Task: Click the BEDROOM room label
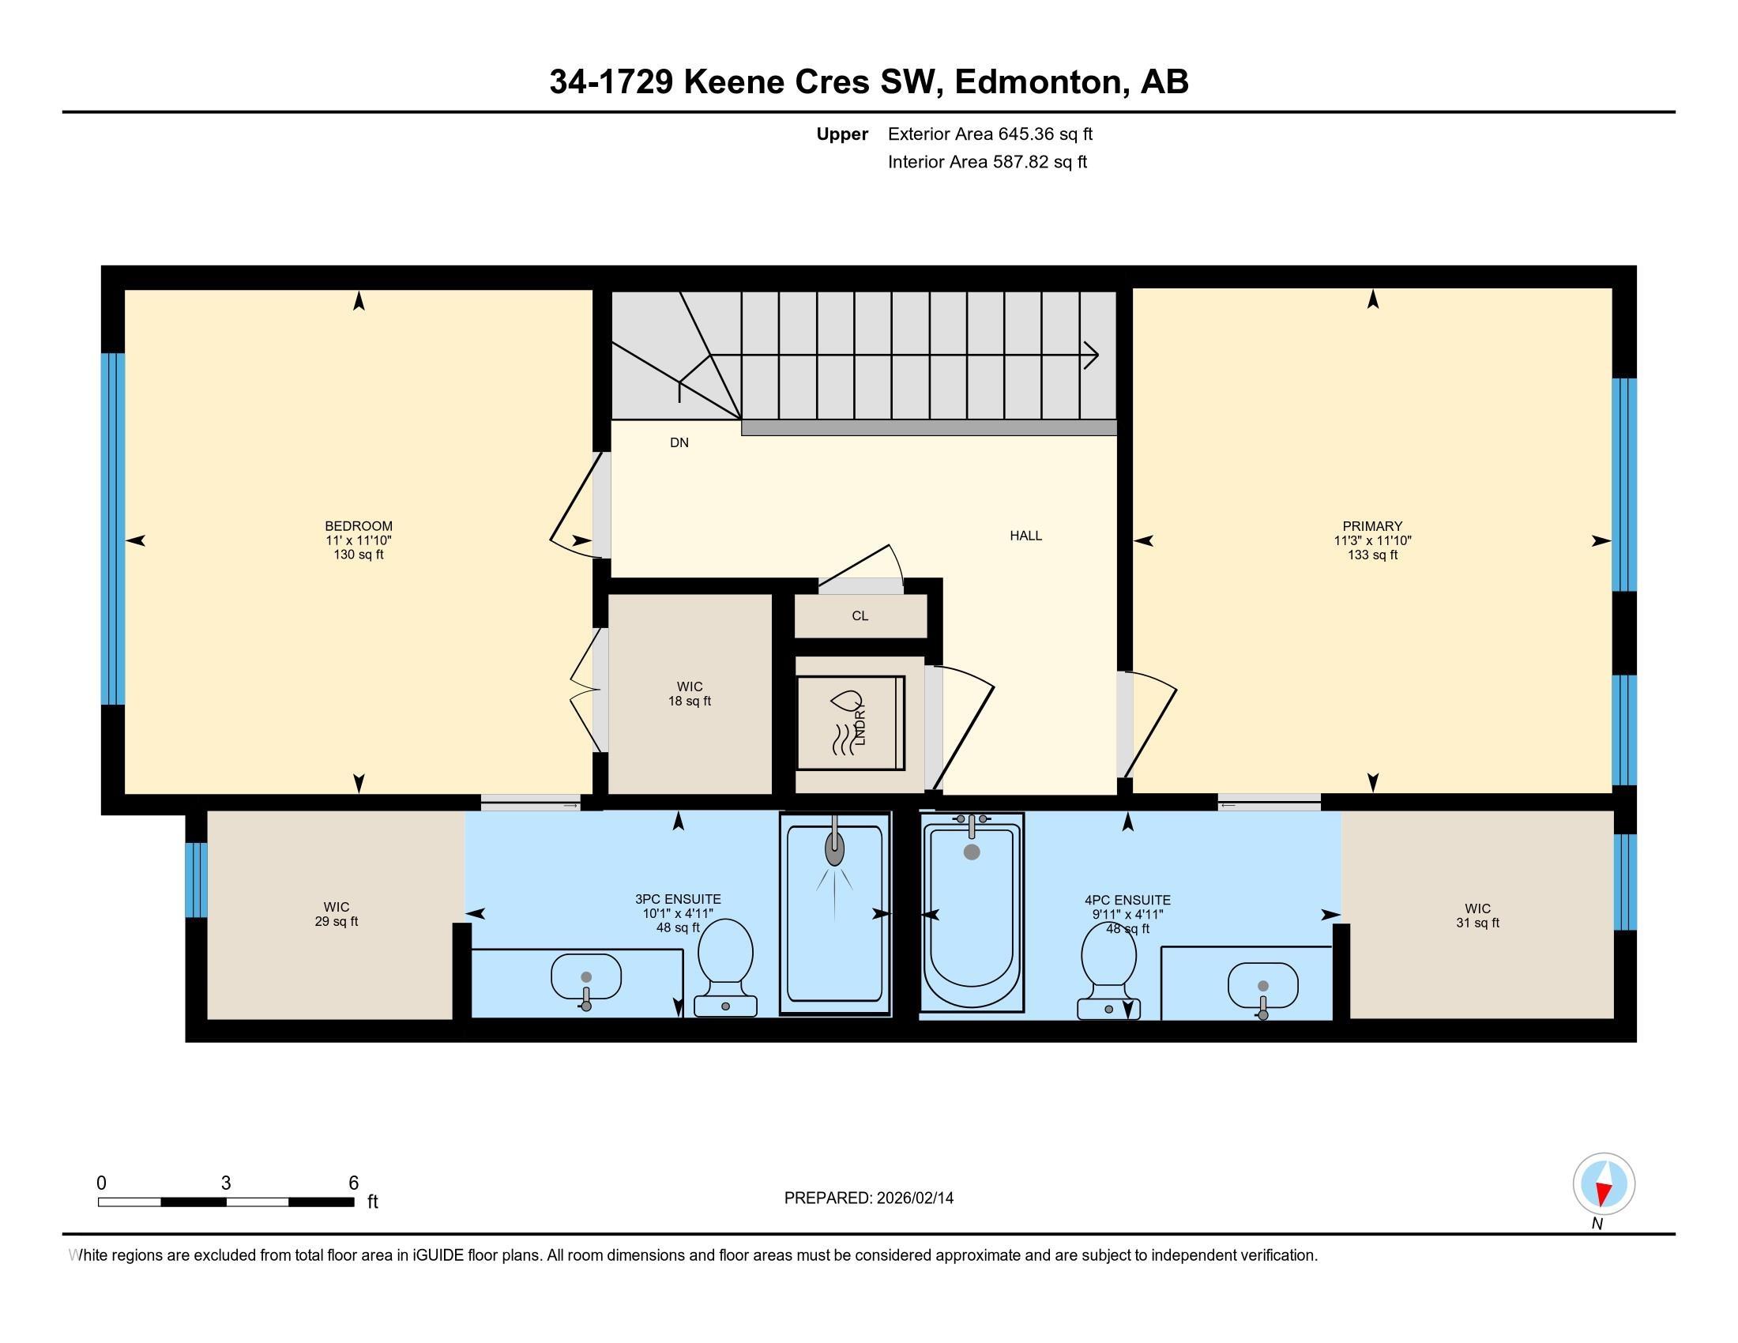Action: [358, 526]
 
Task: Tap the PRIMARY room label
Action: [1372, 526]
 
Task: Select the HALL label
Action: [1025, 536]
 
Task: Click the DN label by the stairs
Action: [679, 442]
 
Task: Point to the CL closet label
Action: [860, 616]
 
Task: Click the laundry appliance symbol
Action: [852, 722]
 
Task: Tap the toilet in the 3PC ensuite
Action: [725, 968]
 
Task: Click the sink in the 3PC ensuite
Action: [585, 980]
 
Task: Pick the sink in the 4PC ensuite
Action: [1263, 987]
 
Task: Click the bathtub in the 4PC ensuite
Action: [972, 911]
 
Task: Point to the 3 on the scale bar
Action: [226, 1183]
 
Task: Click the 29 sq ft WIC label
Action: [337, 914]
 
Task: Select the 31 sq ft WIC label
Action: [1478, 916]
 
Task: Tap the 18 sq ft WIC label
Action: [690, 694]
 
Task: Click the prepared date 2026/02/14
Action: [914, 1198]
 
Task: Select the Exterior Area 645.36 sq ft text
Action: [990, 134]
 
